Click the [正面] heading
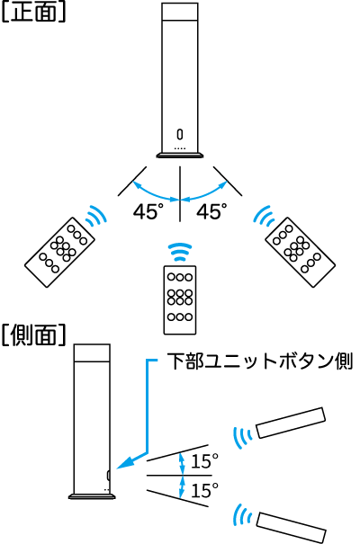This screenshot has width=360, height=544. (x=33, y=13)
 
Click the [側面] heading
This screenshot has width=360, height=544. (x=33, y=335)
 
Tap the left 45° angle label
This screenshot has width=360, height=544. (x=148, y=211)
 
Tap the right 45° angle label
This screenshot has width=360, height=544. (x=211, y=211)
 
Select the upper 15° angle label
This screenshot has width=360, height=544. (x=205, y=461)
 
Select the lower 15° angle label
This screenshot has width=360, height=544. (x=205, y=490)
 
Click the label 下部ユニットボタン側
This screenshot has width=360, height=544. (x=260, y=361)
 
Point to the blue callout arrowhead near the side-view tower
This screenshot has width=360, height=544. (x=126, y=462)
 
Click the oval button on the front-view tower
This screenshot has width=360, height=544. (x=179, y=134)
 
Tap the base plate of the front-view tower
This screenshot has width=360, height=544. (x=179, y=155)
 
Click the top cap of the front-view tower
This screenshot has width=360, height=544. (x=180, y=13)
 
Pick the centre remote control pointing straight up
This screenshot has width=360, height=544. (x=180, y=300)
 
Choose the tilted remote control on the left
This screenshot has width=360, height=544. (x=59, y=253)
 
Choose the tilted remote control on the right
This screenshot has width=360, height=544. (x=300, y=253)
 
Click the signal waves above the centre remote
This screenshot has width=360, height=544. (x=180, y=252)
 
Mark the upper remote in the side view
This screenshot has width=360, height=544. (x=291, y=423)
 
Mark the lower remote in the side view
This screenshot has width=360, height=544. (x=291, y=527)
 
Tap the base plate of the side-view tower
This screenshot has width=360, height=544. (x=92, y=496)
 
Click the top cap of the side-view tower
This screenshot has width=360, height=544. (x=92, y=352)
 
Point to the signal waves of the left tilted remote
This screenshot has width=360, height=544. (x=96, y=216)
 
